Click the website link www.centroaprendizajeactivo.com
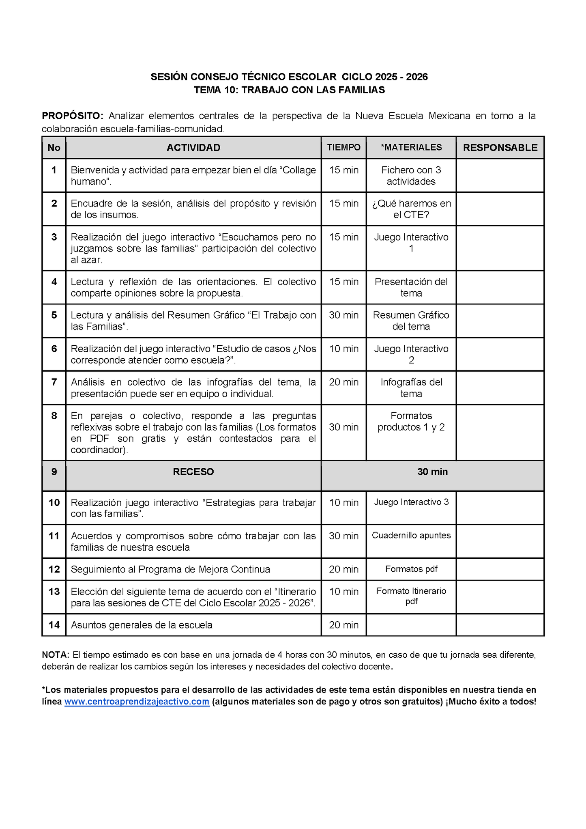click(x=137, y=702)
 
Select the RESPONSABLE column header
click(x=500, y=148)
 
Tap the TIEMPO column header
click(x=343, y=148)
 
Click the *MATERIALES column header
click(x=411, y=148)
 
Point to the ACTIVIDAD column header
click(x=193, y=148)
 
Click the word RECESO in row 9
click(x=193, y=472)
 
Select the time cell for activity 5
click(x=343, y=315)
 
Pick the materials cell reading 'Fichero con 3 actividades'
click(x=411, y=176)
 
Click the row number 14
click(x=54, y=625)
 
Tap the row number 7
click(x=54, y=382)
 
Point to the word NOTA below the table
click(x=55, y=655)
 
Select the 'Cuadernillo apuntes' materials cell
click(x=411, y=536)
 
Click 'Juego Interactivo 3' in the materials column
click(x=411, y=502)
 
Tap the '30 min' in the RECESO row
click(x=432, y=472)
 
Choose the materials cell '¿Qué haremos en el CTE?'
click(x=411, y=209)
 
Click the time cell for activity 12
click(x=343, y=569)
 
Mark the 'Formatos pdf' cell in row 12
click(x=411, y=569)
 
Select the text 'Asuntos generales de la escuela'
click(x=142, y=625)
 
